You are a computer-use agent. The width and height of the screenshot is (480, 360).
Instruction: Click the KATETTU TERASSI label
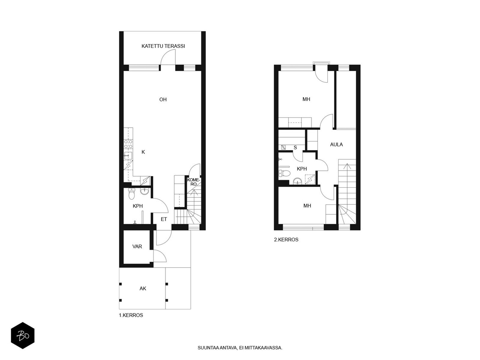(x=163, y=46)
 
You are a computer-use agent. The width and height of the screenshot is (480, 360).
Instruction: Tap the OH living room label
(x=163, y=100)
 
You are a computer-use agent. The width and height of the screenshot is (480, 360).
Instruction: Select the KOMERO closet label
(x=193, y=182)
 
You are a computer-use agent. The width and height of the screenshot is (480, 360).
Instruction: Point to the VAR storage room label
(x=137, y=247)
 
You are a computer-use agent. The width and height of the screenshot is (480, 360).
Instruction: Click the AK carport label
(x=143, y=289)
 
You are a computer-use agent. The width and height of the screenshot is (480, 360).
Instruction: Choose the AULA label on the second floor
(x=336, y=145)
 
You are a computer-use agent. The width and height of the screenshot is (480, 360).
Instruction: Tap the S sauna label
(x=295, y=148)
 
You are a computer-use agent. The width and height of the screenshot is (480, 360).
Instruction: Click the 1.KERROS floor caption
(x=131, y=315)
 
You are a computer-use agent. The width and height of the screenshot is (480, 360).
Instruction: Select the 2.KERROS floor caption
(x=286, y=240)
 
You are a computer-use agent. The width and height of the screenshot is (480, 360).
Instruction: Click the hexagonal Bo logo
(x=23, y=335)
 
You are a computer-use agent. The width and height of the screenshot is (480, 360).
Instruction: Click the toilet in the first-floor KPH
(x=131, y=194)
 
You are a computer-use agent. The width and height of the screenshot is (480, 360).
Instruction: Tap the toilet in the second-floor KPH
(x=284, y=173)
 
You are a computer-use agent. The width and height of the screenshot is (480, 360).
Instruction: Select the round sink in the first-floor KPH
(x=144, y=191)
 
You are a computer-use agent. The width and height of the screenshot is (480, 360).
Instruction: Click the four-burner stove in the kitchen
(x=128, y=144)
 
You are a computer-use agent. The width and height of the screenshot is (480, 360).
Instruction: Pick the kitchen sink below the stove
(x=128, y=156)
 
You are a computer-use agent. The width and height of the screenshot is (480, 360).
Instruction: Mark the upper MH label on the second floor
(x=306, y=99)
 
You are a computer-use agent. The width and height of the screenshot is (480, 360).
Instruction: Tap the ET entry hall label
(x=164, y=219)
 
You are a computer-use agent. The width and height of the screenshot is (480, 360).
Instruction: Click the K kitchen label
(x=143, y=152)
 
